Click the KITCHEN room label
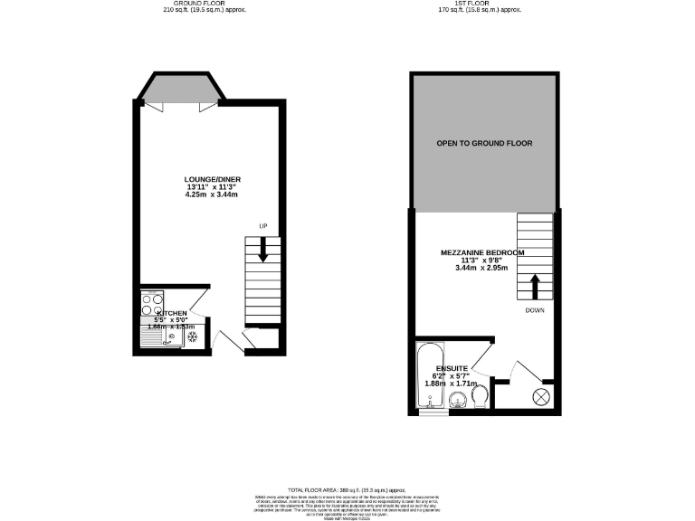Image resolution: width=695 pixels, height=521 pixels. click(172, 313)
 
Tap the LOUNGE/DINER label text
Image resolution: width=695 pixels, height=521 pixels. click(213, 179)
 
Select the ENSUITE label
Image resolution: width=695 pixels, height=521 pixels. click(451, 368)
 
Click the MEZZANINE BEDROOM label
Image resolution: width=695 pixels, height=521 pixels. click(482, 252)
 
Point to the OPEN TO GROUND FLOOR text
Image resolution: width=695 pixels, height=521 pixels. click(484, 144)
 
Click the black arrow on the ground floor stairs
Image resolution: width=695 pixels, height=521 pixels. click(263, 249)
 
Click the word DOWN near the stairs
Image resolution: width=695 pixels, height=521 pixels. click(536, 310)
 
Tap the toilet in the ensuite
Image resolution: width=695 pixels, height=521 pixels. click(481, 393)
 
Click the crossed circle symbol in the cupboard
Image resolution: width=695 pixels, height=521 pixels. click(541, 395)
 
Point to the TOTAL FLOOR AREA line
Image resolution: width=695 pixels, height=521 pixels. click(347, 488)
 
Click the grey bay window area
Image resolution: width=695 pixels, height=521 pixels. click(178, 89)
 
